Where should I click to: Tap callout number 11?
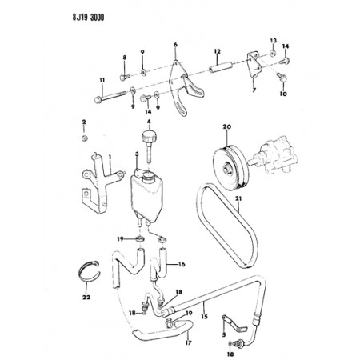coord(102,80)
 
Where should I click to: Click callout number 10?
coord(282,94)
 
